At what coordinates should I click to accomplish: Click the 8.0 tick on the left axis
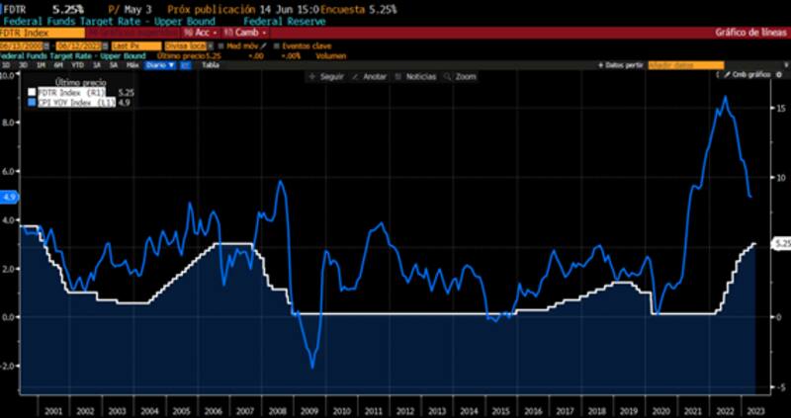(9, 124)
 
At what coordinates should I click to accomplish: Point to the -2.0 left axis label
(9, 365)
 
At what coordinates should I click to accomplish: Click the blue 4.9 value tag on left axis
(10, 197)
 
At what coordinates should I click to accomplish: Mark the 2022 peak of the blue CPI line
(726, 97)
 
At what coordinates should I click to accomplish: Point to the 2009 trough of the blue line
(312, 368)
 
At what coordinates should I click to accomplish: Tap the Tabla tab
(210, 65)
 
